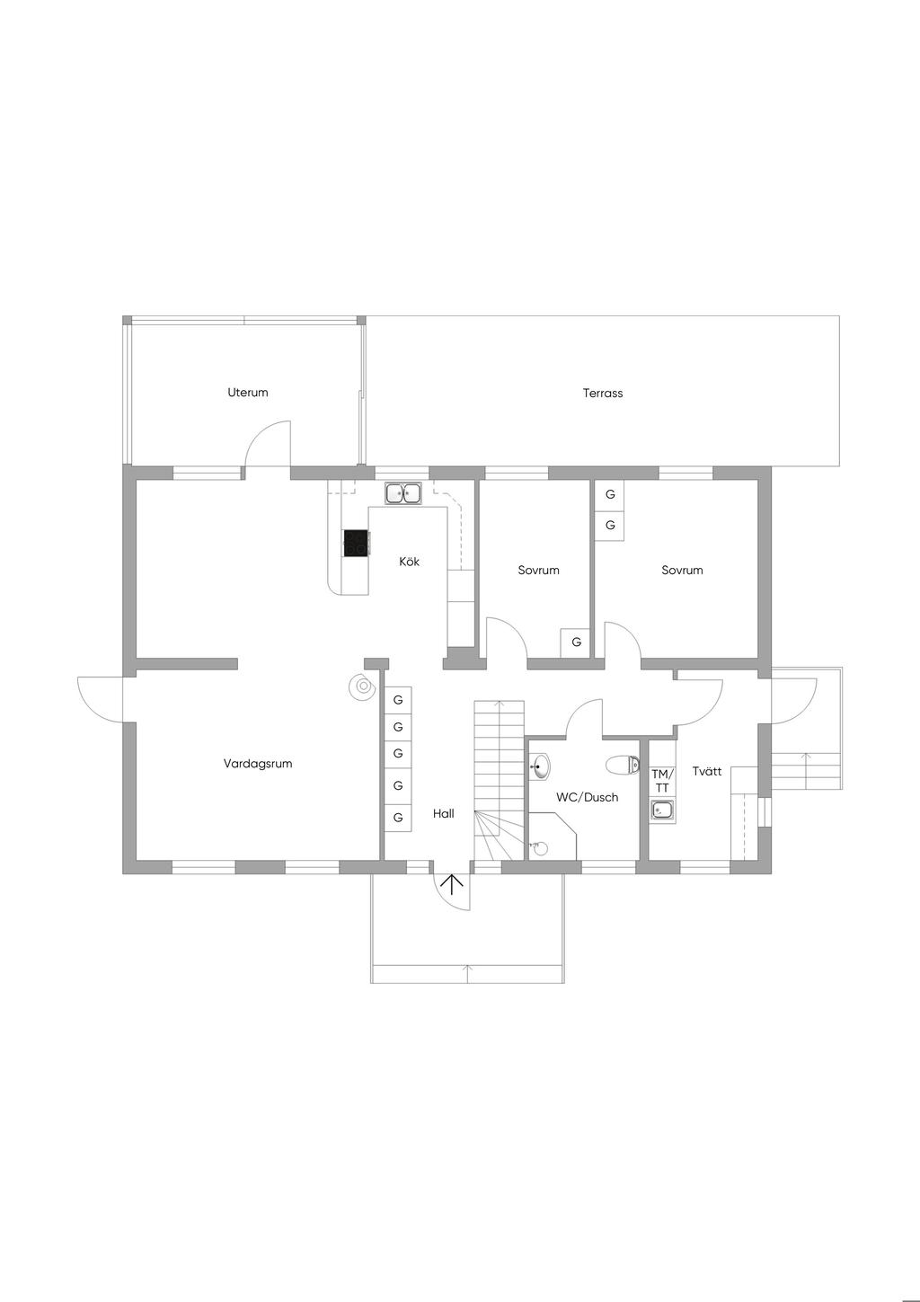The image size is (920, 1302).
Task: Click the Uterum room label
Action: click(248, 393)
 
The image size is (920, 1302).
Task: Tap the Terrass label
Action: click(603, 393)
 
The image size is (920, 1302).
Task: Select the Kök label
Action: click(409, 562)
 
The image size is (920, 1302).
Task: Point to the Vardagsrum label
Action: click(258, 764)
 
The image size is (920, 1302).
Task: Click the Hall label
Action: click(444, 814)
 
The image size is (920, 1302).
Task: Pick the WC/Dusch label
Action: click(587, 798)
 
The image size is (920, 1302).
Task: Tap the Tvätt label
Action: click(707, 771)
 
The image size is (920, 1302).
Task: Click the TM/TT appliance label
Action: click(662, 781)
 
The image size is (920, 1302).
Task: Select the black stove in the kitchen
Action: click(357, 544)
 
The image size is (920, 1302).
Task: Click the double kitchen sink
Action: click(404, 494)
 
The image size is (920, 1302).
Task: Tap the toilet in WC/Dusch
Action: click(623, 765)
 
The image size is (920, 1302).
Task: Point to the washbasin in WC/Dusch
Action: click(539, 766)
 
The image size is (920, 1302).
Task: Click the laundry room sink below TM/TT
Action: click(662, 810)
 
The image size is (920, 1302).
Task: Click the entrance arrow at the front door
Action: click(452, 883)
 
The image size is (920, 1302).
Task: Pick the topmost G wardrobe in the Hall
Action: click(398, 700)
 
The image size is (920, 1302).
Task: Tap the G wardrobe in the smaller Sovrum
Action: click(576, 642)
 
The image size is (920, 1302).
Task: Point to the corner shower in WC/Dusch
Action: click(553, 837)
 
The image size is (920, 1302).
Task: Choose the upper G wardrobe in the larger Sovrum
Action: click(610, 494)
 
